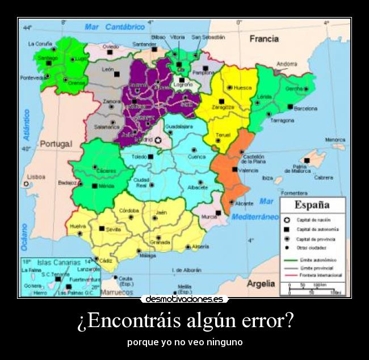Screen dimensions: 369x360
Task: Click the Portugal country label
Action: tap(56, 143)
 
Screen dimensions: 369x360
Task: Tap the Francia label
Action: tap(264, 39)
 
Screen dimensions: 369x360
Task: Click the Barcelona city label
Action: tap(306, 108)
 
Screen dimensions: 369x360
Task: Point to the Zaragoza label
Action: tap(223, 107)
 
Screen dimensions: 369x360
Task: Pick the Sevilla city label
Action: tap(113, 230)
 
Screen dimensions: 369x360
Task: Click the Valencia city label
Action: tap(248, 170)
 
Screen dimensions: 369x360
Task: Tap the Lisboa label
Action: tap(36, 176)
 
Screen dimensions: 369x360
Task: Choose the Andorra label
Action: tap(287, 64)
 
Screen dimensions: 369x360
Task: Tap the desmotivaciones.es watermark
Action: tap(184, 299)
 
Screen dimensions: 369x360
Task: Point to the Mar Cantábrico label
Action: tap(115, 27)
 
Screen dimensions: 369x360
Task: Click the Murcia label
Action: tap(209, 217)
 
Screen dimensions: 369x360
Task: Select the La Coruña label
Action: tap(40, 44)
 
